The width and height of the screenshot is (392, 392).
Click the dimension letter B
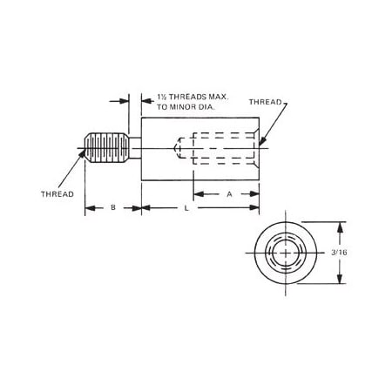(112, 208)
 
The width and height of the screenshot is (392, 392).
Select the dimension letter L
(186, 209)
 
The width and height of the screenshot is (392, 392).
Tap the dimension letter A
(228, 195)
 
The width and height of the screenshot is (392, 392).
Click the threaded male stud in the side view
(104, 147)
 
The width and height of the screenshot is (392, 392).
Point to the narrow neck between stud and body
(133, 147)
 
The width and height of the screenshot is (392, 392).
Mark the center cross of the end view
(284, 253)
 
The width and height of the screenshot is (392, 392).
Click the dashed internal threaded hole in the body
(218, 147)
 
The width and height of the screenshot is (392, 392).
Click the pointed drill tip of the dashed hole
(177, 147)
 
